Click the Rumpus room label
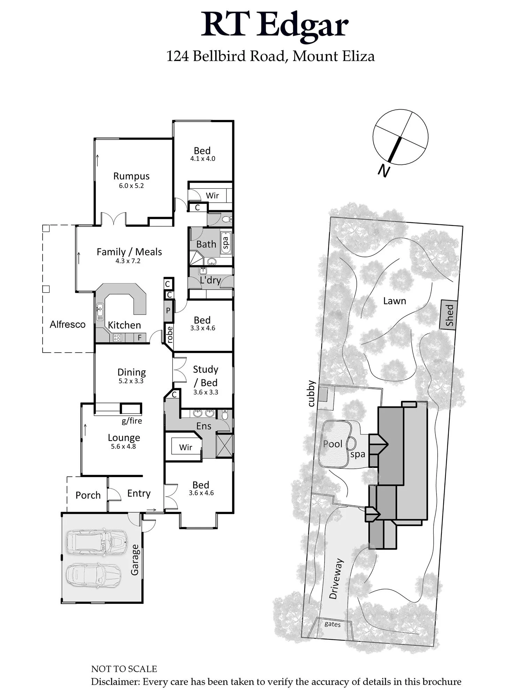(x=131, y=176)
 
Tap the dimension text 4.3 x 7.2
(x=128, y=261)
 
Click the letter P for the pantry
(x=168, y=310)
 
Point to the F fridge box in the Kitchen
(x=140, y=337)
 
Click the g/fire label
(x=132, y=421)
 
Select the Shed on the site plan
(x=449, y=314)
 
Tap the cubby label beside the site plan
(x=311, y=394)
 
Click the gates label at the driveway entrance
(x=332, y=624)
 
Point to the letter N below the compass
(x=384, y=171)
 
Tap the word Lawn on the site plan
(x=394, y=301)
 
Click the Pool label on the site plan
(x=333, y=444)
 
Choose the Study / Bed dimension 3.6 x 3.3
(x=206, y=392)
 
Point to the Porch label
(x=88, y=495)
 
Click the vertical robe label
(x=169, y=334)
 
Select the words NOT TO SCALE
(x=124, y=669)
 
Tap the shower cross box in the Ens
(x=225, y=445)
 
